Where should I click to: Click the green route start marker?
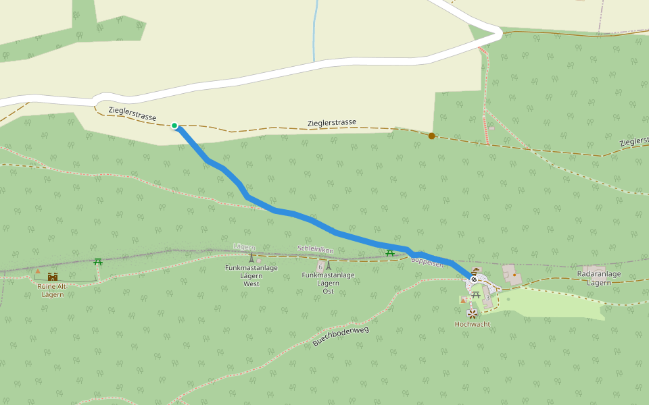pyautogui.click(x=174, y=126)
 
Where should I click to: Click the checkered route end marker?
pyautogui.click(x=475, y=278)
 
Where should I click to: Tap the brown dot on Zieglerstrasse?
pyautogui.click(x=432, y=136)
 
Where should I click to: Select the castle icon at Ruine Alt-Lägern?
pyautogui.click(x=53, y=276)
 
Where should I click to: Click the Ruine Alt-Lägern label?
pyautogui.click(x=53, y=290)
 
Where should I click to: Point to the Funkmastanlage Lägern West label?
pyautogui.click(x=251, y=275)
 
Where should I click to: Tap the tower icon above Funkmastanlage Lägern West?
pyautogui.click(x=251, y=257)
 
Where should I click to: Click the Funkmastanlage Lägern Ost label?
pyautogui.click(x=328, y=282)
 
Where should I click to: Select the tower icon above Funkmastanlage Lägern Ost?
pyautogui.click(x=329, y=265)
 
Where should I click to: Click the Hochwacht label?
pyautogui.click(x=472, y=324)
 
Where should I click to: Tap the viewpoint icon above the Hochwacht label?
pyautogui.click(x=472, y=313)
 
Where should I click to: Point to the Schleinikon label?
pyautogui.click(x=315, y=250)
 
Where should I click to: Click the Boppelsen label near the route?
pyautogui.click(x=427, y=263)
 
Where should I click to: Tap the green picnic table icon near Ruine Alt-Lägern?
pyautogui.click(x=98, y=261)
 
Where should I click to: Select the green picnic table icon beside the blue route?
pyautogui.click(x=390, y=253)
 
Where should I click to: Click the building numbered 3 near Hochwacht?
pyautogui.click(x=487, y=297)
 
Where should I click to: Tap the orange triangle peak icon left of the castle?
pyautogui.click(x=38, y=271)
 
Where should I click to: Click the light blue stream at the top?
pyautogui.click(x=315, y=34)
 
